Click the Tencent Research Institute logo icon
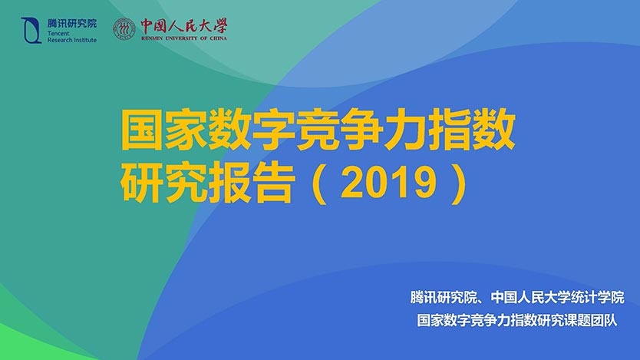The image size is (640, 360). pos(31,30)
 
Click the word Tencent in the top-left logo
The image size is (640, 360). pos(58,34)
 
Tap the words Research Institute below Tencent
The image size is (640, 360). pos(72,40)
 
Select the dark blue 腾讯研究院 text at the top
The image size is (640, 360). pos(72,23)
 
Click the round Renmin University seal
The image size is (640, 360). pos(124,29)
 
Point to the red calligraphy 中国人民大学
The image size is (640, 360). pos(183,26)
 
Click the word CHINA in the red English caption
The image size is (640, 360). pos(219,38)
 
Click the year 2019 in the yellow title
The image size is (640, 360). pos(388,183)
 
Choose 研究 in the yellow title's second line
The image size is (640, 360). pos(163,183)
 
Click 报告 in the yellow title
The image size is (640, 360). pos(252,183)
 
